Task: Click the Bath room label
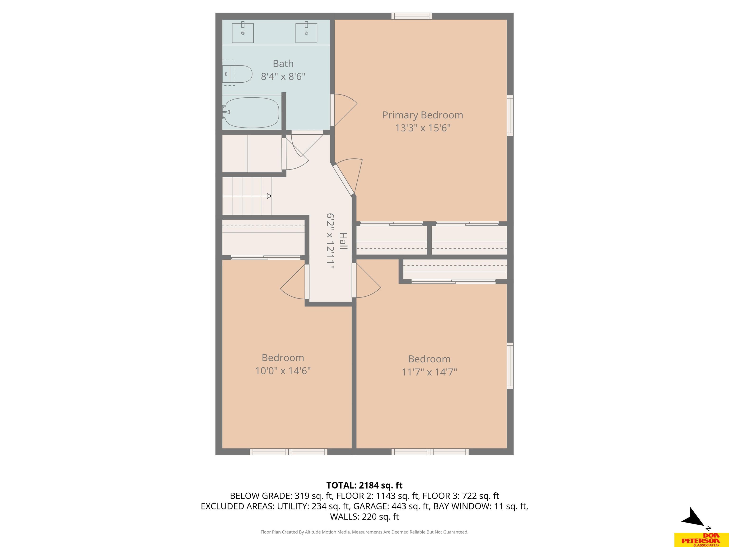click(283, 63)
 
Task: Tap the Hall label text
click(343, 241)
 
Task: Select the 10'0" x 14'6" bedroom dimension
click(283, 371)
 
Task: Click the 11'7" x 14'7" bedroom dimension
click(429, 372)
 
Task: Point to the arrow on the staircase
click(247, 196)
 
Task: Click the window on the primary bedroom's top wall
click(412, 16)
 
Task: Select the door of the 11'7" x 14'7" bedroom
click(366, 281)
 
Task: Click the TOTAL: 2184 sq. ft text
click(364, 485)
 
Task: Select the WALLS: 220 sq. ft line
click(364, 517)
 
